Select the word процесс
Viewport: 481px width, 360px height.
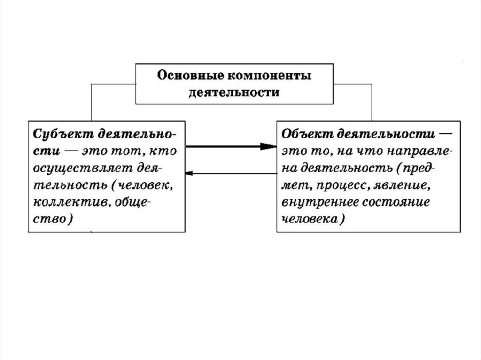[342, 185]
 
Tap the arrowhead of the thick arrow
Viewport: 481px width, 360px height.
[269, 146]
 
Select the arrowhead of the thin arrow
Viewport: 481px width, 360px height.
[189, 174]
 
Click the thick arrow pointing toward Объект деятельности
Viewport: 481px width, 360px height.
[225, 146]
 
